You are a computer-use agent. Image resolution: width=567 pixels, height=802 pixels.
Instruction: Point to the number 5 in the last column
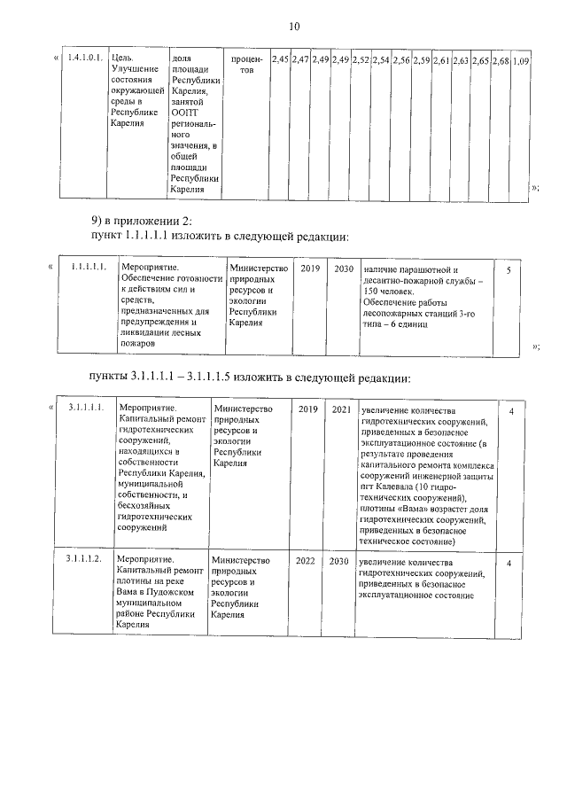click(x=509, y=269)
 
